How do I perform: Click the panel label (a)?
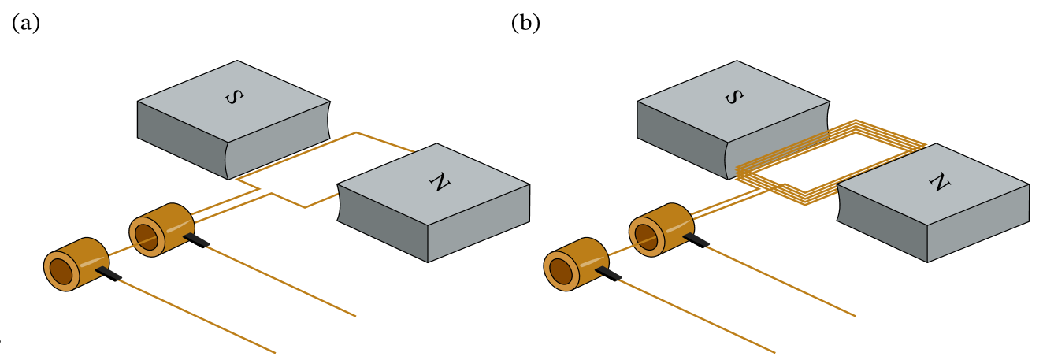[26, 24]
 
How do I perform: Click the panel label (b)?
[525, 24]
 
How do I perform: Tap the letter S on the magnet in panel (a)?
[234, 97]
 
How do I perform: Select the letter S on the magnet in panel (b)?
[733, 97]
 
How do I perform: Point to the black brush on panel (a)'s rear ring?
[196, 239]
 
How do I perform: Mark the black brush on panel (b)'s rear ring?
[696, 239]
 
